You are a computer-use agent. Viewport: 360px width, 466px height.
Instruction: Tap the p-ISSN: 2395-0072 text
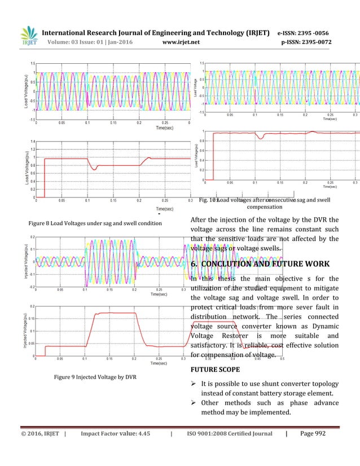305,42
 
